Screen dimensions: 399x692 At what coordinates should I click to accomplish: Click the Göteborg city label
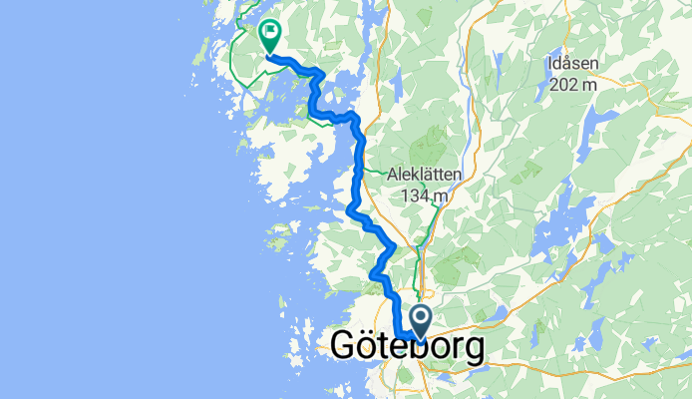[x=408, y=347]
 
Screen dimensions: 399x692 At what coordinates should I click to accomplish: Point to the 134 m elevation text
[x=424, y=196]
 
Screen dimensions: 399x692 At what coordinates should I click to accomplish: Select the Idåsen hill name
[x=573, y=65]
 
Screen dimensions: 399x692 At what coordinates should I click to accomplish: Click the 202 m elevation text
[x=573, y=86]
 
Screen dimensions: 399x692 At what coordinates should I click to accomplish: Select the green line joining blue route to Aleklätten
[x=374, y=171]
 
